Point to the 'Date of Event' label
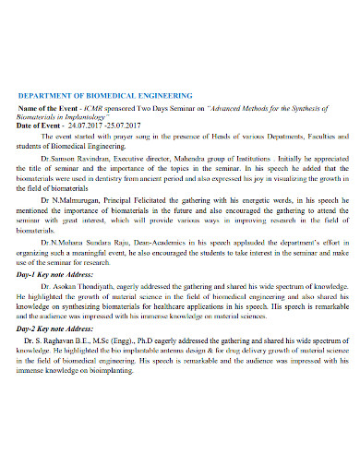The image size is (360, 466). pyautogui.click(x=46, y=125)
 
